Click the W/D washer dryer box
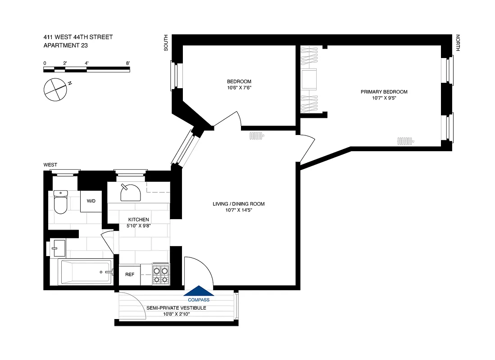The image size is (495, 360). click(91, 201)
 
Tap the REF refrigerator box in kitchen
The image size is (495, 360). click(130, 274)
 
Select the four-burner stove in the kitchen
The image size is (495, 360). click(160, 274)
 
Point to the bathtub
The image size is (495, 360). click(86, 272)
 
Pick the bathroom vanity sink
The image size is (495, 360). click(58, 247)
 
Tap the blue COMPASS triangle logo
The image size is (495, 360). click(199, 292)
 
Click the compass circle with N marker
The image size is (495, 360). click(55, 89)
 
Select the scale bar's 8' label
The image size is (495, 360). click(128, 63)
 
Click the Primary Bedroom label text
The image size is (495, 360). click(384, 92)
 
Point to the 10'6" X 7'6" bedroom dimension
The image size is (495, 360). click(239, 88)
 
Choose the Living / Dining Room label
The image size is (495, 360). click(238, 204)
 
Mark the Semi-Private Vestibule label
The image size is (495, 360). click(176, 308)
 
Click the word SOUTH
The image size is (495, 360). click(166, 42)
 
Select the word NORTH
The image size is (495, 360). click(458, 43)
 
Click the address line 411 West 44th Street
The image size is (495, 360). click(78, 37)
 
